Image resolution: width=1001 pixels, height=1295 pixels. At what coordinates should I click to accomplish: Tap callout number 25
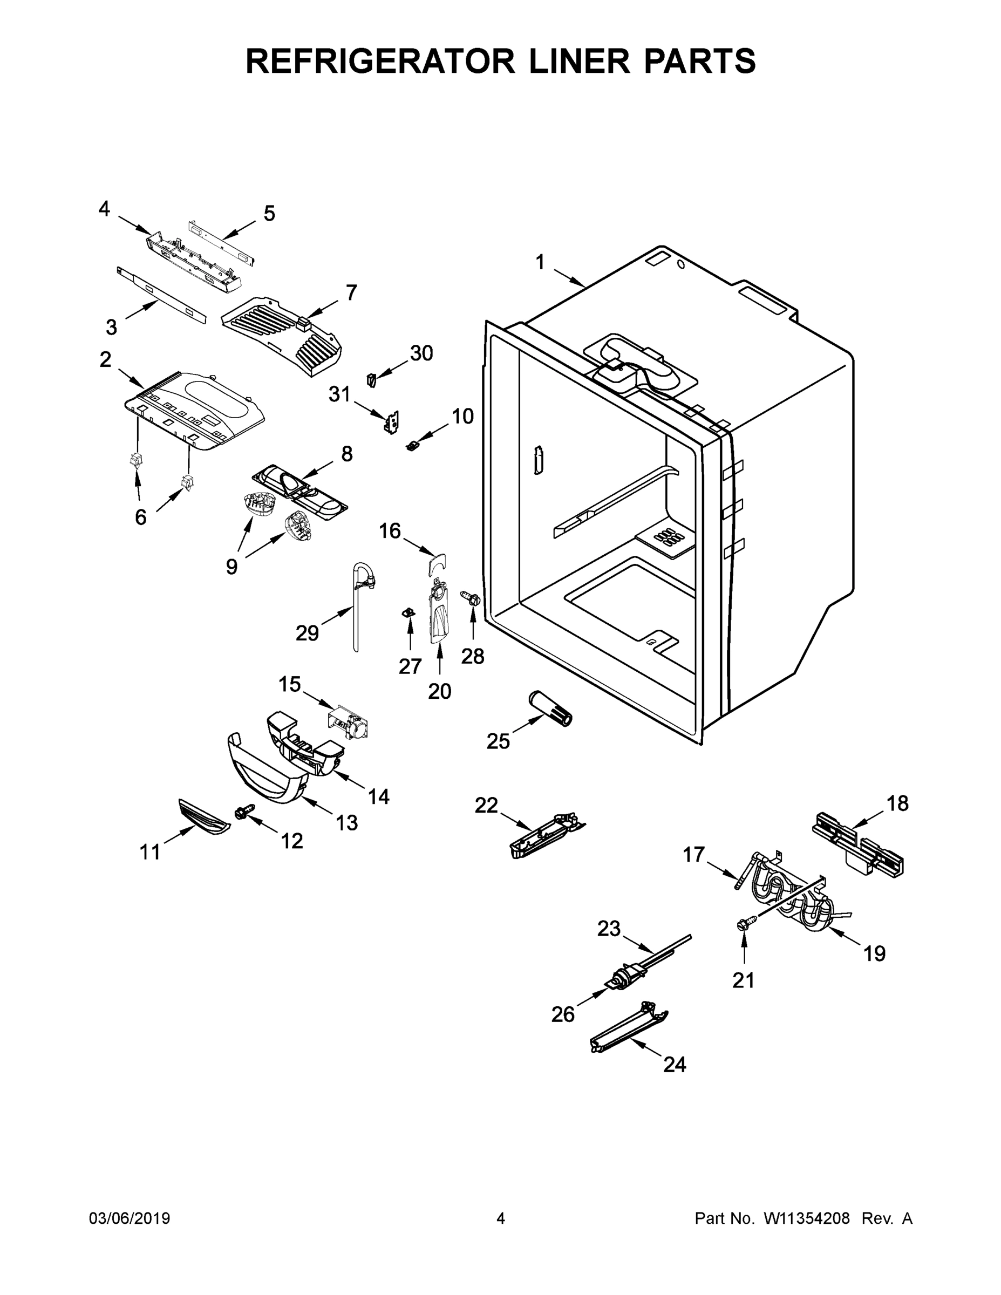pyautogui.click(x=498, y=741)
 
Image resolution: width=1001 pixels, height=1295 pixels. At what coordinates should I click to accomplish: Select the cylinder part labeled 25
pyautogui.click(x=550, y=708)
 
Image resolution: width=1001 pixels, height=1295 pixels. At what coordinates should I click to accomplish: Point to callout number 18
pyautogui.click(x=897, y=803)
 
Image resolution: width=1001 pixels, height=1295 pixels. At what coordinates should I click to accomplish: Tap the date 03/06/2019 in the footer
pyautogui.click(x=130, y=1218)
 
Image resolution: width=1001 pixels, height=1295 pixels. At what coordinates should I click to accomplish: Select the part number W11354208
pyautogui.click(x=807, y=1218)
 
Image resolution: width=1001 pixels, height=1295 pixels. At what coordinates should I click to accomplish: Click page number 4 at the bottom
pyautogui.click(x=501, y=1218)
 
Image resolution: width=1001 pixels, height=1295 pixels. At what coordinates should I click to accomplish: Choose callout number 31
pyautogui.click(x=340, y=394)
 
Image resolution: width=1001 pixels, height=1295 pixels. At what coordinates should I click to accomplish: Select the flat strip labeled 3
pyautogui.click(x=161, y=294)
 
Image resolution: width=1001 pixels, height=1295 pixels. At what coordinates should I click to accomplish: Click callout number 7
pyautogui.click(x=351, y=292)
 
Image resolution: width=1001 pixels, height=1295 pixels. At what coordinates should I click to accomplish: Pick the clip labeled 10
pyautogui.click(x=413, y=445)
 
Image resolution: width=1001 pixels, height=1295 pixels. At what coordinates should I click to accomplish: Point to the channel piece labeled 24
pyautogui.click(x=629, y=1033)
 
